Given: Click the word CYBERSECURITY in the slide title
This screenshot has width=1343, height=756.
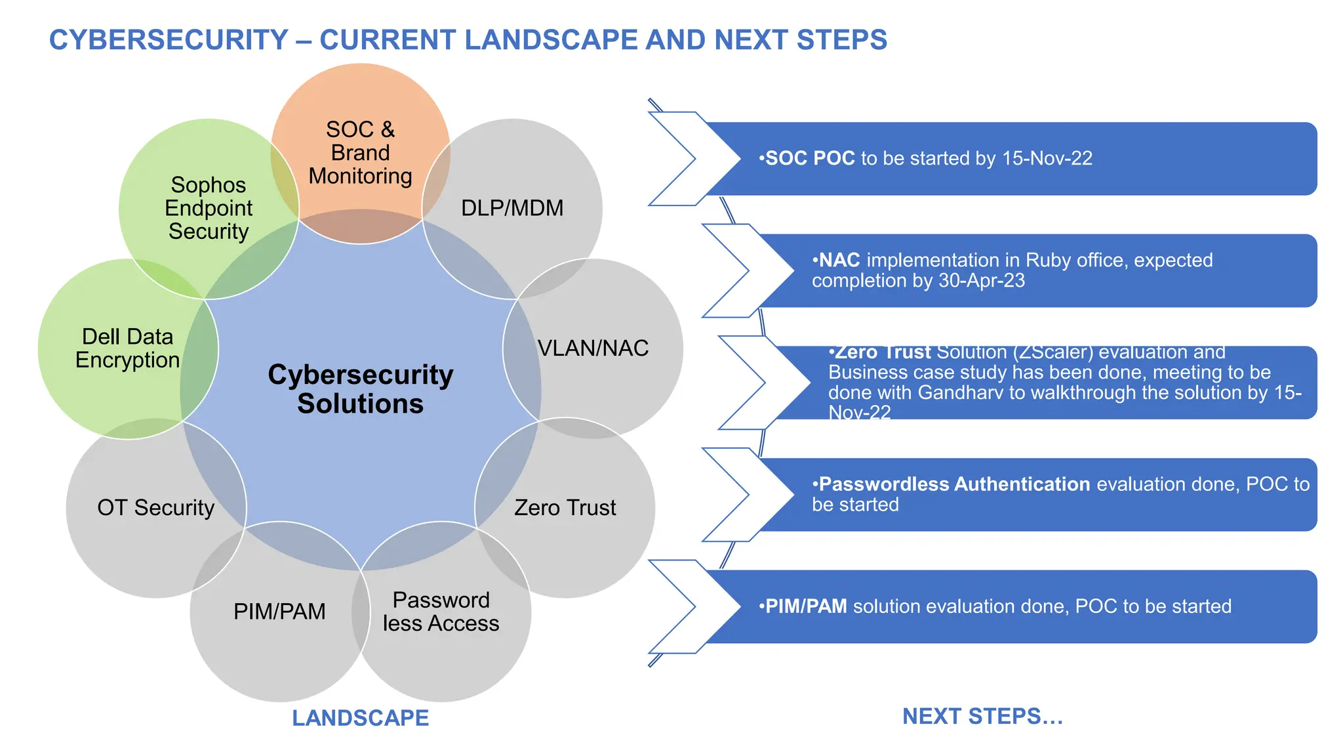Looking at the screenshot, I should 169,40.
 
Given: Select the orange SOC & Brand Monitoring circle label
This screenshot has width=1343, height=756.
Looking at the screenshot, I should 360,153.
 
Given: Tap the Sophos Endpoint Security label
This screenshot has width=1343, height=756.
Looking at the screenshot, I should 209,208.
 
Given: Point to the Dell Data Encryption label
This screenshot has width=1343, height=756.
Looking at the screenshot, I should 127,348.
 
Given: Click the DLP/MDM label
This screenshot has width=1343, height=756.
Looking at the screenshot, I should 512,208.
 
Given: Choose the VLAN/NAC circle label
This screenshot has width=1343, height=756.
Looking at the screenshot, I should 593,348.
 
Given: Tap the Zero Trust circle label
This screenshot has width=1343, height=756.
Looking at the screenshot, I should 565,507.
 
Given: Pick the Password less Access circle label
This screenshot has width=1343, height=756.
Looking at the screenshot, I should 441,612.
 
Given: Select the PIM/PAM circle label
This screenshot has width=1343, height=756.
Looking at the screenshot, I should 279,612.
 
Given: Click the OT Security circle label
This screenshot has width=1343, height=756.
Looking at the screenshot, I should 156,507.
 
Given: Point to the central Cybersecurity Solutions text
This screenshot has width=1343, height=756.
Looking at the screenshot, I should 360,389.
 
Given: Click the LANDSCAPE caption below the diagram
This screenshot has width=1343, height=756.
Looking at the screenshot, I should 360,718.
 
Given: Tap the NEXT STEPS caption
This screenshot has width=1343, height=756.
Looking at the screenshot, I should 982,716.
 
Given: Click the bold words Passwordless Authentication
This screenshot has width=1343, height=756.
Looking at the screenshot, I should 954,484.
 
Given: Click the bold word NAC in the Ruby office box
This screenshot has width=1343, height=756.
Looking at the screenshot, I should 839,261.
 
